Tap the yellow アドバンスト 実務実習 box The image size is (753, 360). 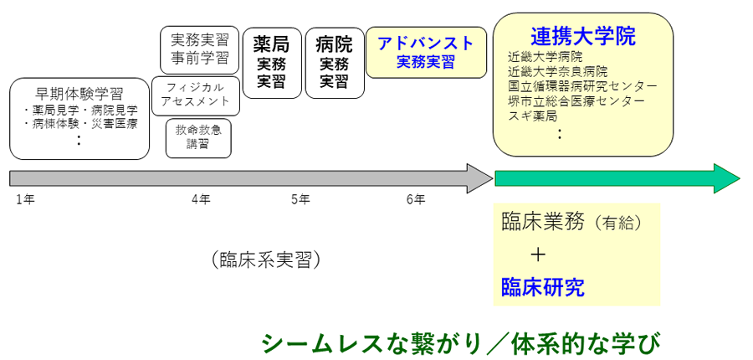point(426,52)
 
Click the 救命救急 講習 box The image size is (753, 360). point(198,137)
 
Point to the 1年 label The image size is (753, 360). point(25,199)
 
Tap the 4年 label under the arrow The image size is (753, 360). point(201,199)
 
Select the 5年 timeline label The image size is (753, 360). point(300,199)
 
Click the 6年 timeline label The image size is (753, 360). point(416,199)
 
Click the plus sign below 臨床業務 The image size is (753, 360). point(538,255)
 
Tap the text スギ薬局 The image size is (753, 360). point(532,115)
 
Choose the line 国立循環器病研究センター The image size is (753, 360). point(582,86)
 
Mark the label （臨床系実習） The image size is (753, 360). point(266,260)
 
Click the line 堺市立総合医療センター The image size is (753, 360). point(576,100)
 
